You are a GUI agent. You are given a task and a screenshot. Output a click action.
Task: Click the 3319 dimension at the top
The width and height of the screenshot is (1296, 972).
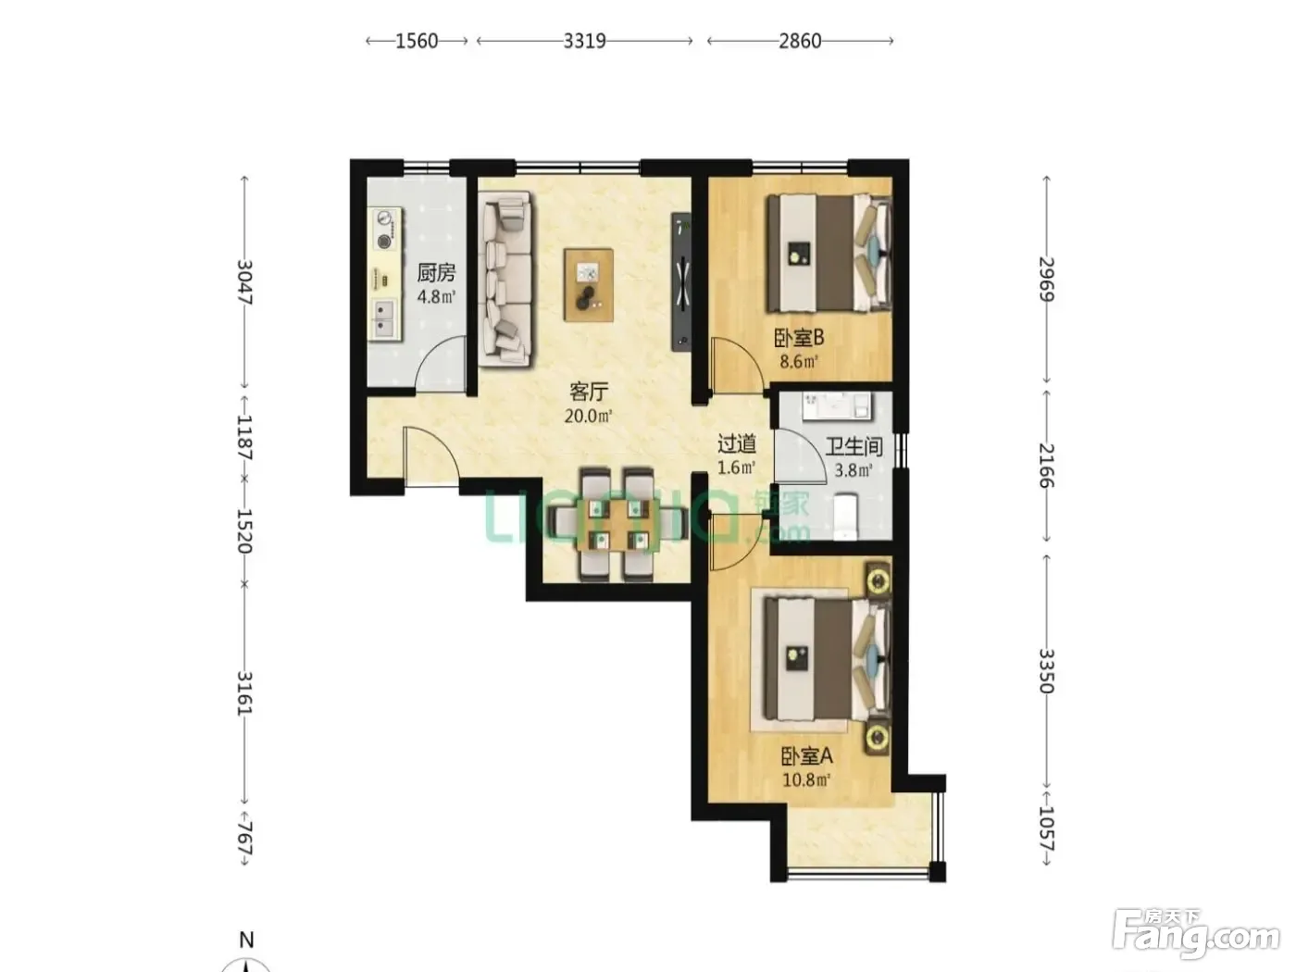point(584,41)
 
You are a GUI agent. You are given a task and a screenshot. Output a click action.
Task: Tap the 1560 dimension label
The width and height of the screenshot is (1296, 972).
point(417,41)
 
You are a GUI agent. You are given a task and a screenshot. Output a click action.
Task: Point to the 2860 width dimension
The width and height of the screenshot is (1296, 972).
point(800,41)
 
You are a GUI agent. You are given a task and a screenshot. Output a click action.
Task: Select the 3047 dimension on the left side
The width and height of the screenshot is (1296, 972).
point(244,282)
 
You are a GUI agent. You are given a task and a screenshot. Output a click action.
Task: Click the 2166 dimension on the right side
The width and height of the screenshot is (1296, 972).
point(1046,466)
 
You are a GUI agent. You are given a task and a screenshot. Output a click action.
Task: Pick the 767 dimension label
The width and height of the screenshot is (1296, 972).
point(244,836)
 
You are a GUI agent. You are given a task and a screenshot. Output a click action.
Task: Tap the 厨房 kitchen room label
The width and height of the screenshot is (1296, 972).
point(436,273)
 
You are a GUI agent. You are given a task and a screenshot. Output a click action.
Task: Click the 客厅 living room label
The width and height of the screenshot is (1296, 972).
point(589,392)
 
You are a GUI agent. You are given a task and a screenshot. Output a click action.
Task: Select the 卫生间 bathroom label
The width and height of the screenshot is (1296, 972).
point(854,447)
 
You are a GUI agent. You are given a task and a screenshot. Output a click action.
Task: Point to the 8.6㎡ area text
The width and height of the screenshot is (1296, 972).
point(799,361)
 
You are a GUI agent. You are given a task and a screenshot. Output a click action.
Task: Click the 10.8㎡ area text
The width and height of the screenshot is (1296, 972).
point(806,779)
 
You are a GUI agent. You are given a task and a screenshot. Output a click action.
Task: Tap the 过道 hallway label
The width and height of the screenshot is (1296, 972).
point(737,443)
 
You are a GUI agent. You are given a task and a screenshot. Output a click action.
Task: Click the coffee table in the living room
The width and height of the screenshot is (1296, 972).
point(588,284)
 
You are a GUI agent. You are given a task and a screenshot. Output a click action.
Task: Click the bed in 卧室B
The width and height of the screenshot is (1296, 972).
point(829,253)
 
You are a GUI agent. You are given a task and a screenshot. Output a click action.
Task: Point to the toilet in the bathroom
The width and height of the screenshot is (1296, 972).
point(845,517)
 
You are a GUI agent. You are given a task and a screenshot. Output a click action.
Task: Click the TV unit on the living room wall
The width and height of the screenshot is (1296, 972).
point(680,281)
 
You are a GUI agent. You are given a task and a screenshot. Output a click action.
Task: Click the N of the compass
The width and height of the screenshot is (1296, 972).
point(246,940)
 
